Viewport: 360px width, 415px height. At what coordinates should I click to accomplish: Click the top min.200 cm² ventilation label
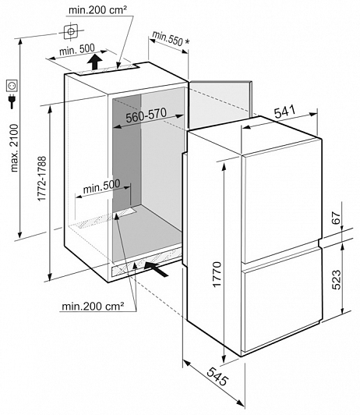click(97, 10)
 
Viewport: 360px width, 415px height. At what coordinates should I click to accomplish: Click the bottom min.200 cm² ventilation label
click(93, 307)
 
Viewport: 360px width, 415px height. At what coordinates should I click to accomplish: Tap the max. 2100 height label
click(14, 148)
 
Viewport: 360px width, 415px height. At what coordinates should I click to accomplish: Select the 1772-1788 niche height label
click(42, 179)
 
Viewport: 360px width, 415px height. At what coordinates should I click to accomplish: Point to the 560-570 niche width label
click(146, 115)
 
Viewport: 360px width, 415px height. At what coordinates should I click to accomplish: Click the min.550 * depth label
click(171, 38)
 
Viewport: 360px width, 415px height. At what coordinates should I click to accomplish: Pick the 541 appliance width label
click(284, 112)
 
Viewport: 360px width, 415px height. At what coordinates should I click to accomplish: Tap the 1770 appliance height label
click(217, 275)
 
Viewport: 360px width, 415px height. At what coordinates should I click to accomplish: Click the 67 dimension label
click(336, 218)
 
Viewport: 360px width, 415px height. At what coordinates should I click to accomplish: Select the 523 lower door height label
click(336, 280)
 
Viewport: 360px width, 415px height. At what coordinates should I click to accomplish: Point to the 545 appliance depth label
click(217, 377)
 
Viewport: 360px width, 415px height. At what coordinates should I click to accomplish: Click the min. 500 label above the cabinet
click(77, 49)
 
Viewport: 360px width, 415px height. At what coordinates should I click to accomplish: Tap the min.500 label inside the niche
click(101, 186)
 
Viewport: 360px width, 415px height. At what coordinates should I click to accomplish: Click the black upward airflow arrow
click(95, 62)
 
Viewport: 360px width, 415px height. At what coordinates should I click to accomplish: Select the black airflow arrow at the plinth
click(156, 268)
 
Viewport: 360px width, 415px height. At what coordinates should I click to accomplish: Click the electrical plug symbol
click(12, 101)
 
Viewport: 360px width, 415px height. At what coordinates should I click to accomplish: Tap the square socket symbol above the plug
click(12, 86)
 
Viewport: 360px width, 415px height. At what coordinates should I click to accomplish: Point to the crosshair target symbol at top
click(71, 32)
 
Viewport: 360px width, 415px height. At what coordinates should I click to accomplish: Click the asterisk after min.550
click(187, 42)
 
